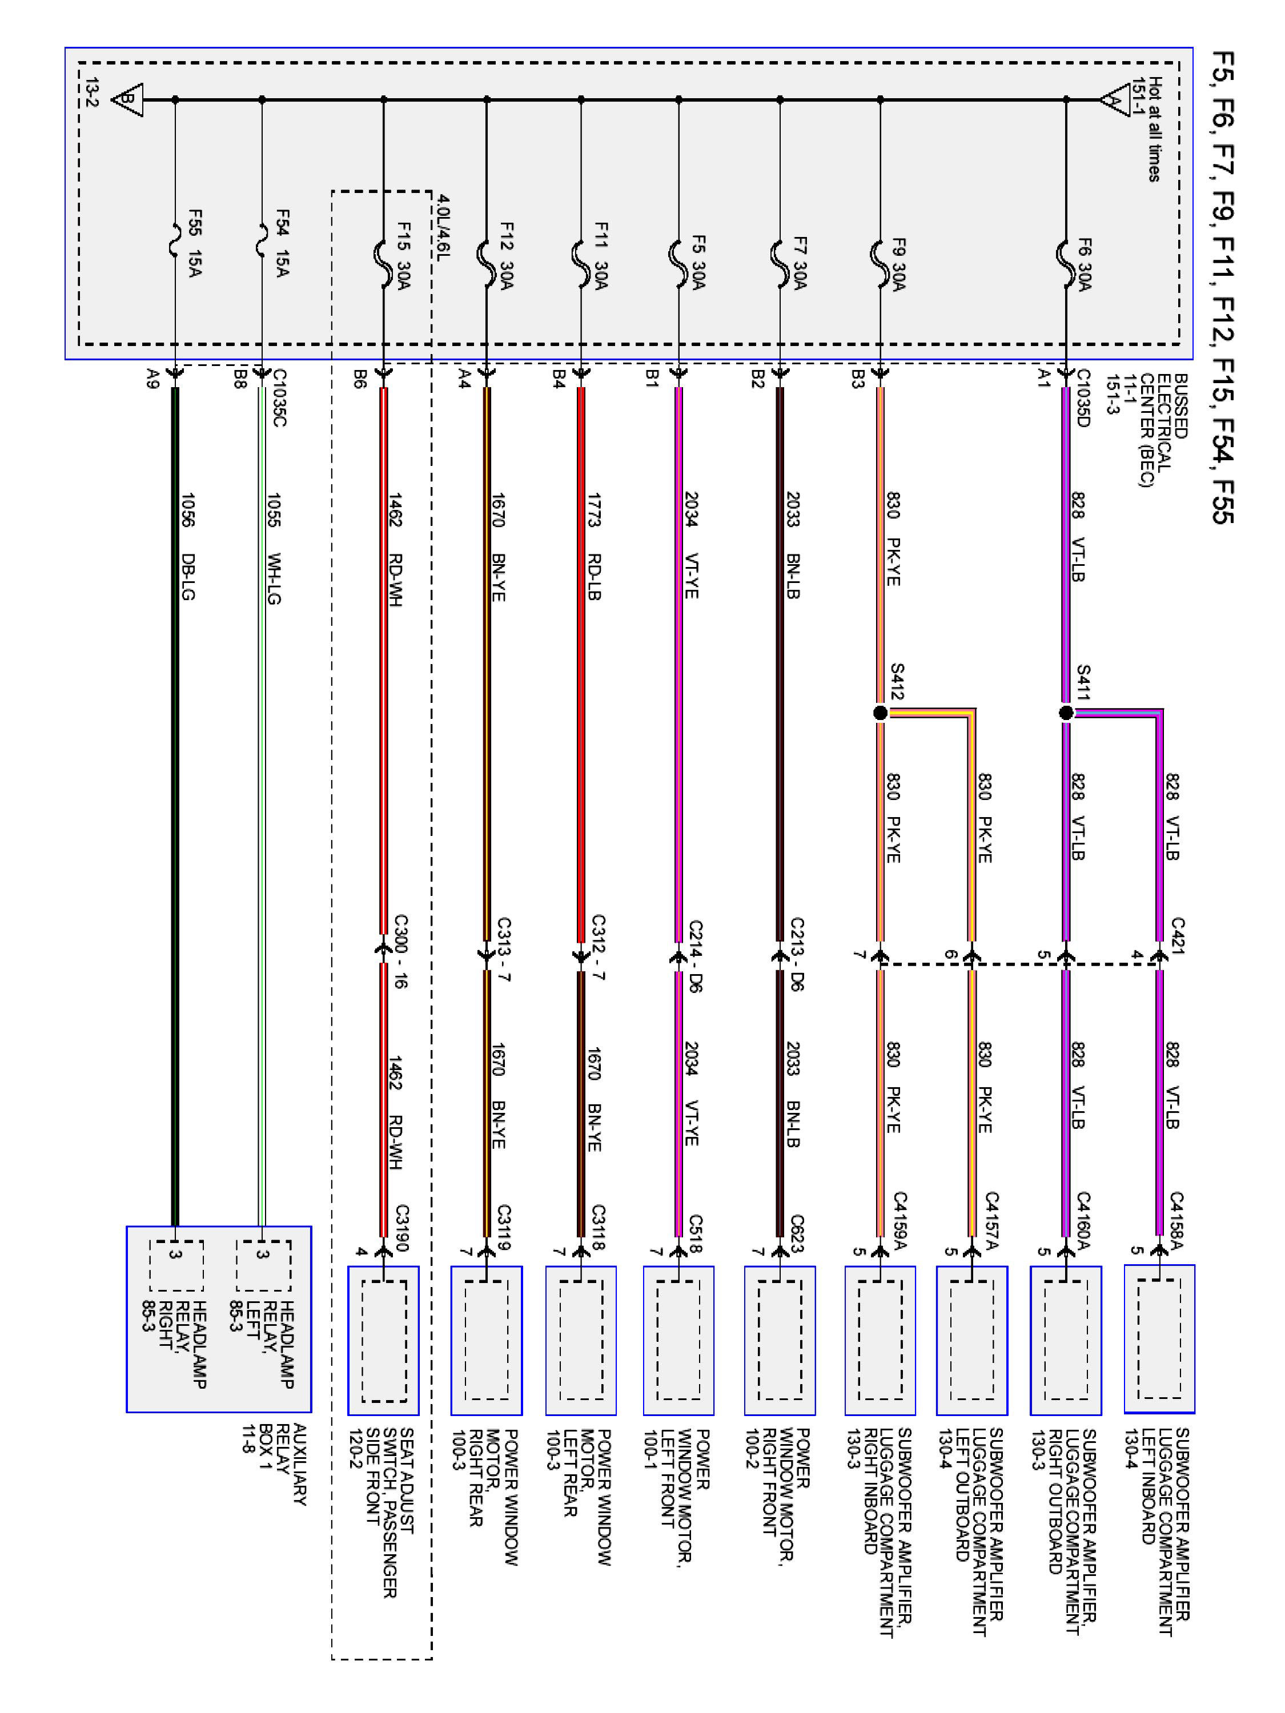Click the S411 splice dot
click(1066, 713)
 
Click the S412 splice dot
click(880, 713)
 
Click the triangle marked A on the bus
click(1114, 100)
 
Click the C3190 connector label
click(402, 1228)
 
